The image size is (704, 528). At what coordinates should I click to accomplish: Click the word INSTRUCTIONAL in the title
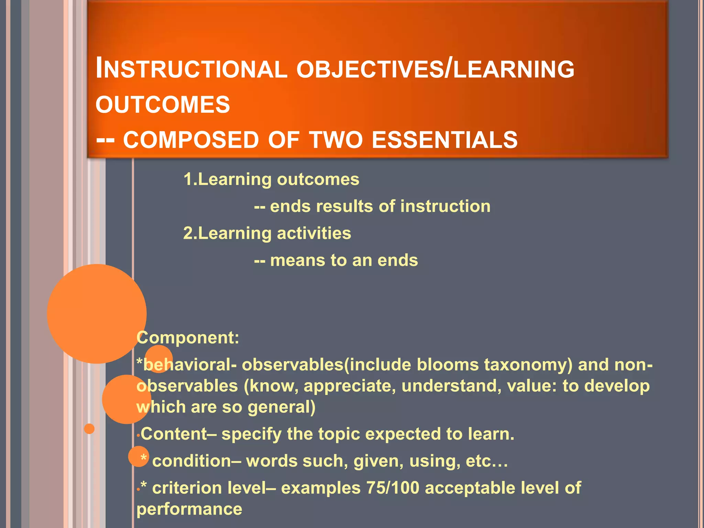[191, 69]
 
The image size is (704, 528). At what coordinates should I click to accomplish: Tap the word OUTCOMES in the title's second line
[163, 104]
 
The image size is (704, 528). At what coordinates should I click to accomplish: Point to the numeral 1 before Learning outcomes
[188, 179]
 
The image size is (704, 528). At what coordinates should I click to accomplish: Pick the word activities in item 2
[314, 233]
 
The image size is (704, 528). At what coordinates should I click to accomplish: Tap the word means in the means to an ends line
[297, 260]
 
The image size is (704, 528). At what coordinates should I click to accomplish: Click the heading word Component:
[188, 338]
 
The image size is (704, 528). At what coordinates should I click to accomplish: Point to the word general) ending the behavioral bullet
[281, 407]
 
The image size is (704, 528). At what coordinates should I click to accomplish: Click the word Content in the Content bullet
[174, 434]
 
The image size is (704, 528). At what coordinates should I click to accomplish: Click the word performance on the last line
[189, 509]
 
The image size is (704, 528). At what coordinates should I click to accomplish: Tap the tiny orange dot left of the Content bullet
[89, 429]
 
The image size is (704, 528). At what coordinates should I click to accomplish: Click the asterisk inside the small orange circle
[143, 458]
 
